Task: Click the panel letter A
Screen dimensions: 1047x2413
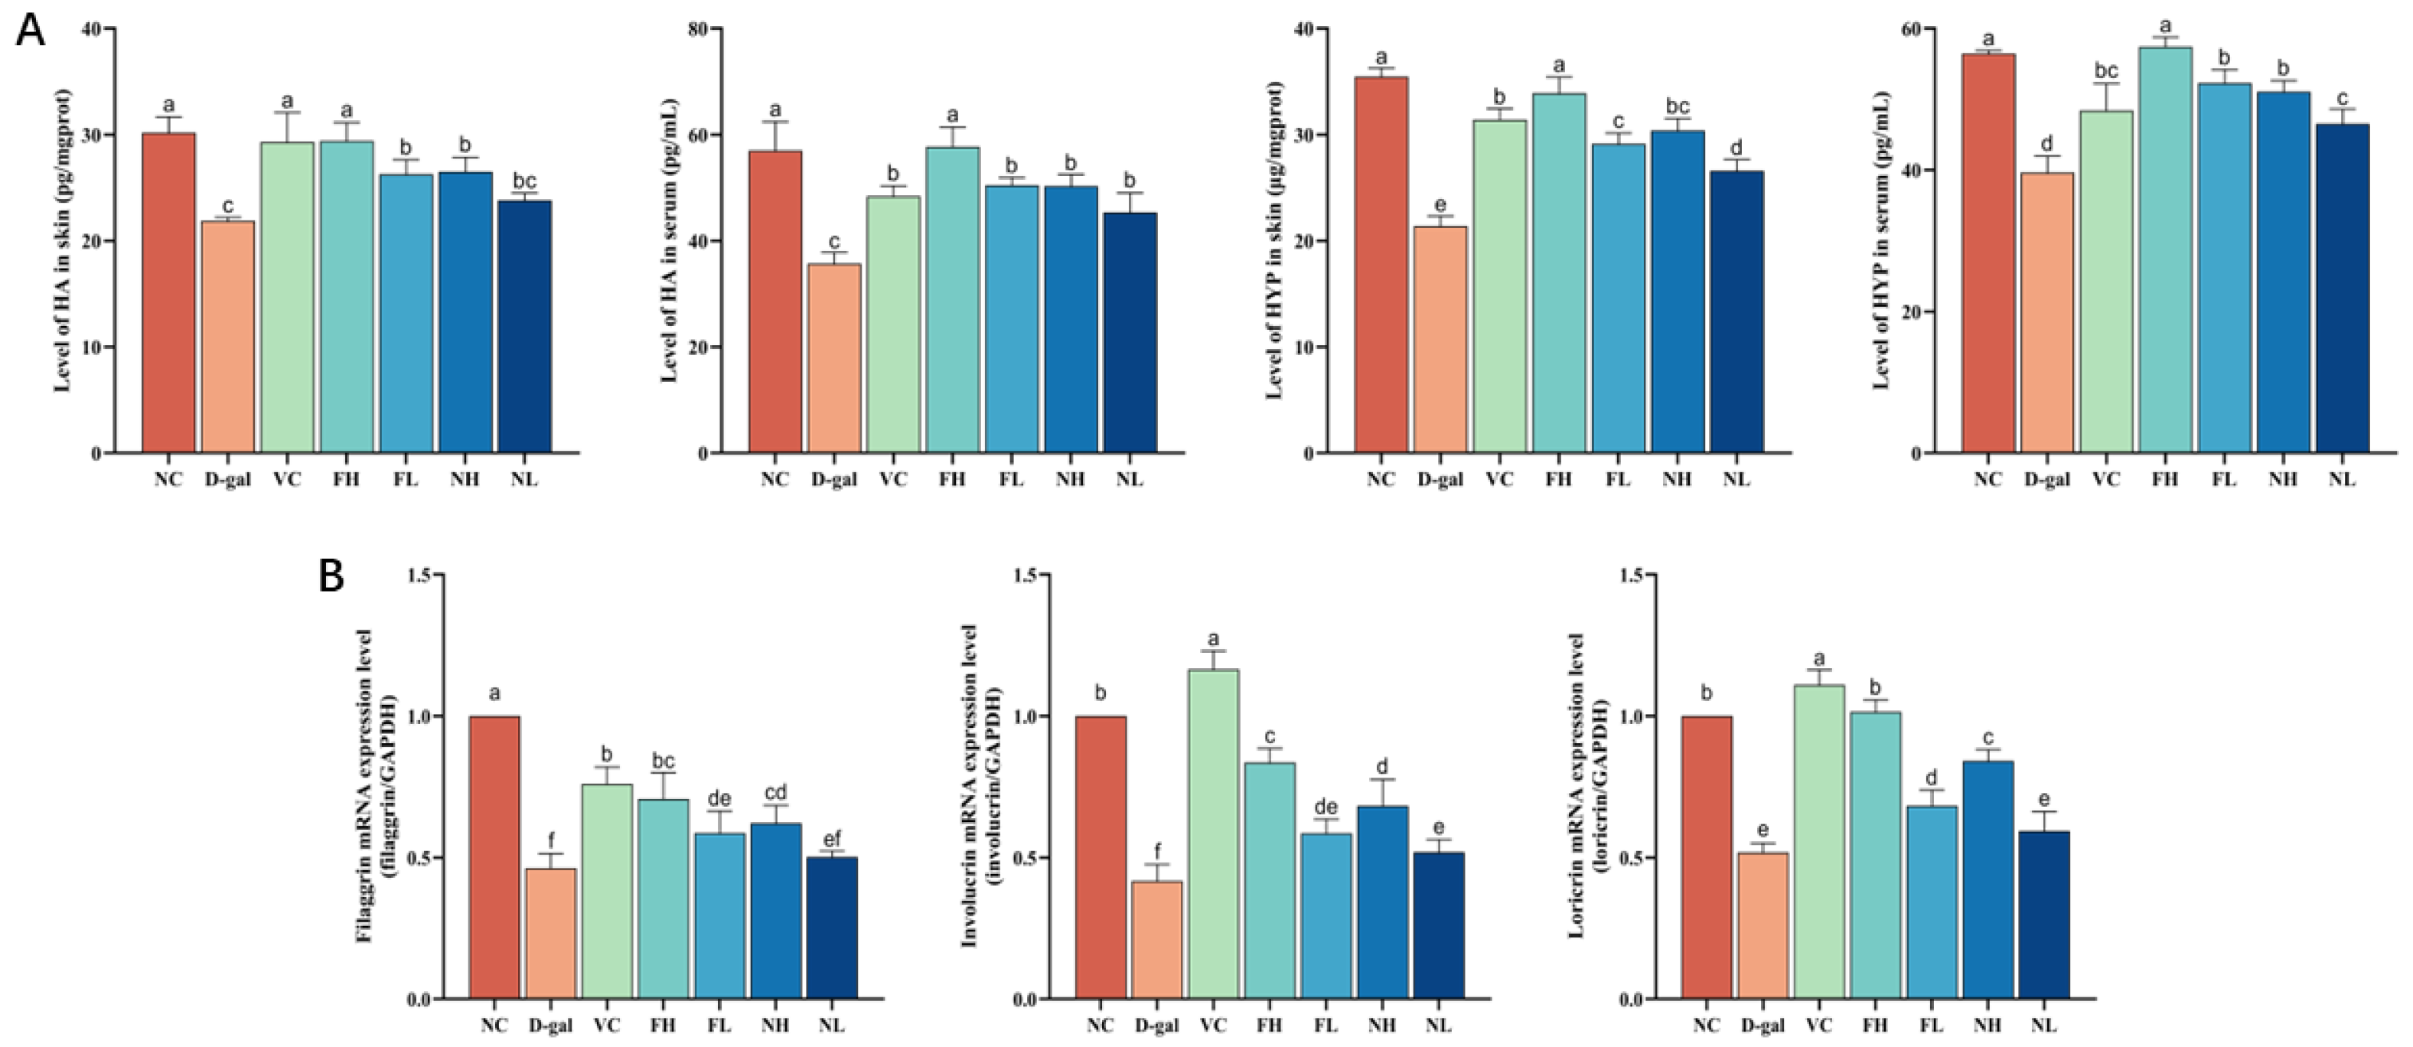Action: [31, 30]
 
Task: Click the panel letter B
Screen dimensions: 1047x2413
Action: [331, 577]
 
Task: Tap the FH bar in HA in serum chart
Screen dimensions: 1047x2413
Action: [953, 300]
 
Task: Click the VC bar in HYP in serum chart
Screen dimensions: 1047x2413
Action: [2106, 281]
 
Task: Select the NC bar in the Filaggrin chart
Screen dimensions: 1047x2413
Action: [494, 857]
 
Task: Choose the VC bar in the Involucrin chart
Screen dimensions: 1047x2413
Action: [1213, 833]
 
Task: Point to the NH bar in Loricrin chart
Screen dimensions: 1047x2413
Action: [1987, 879]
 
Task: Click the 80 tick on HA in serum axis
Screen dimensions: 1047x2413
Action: [694, 29]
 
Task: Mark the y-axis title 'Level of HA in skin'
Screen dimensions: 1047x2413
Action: [64, 240]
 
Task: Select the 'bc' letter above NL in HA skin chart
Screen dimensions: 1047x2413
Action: [524, 181]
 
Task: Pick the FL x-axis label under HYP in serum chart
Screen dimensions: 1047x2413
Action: [2224, 479]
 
